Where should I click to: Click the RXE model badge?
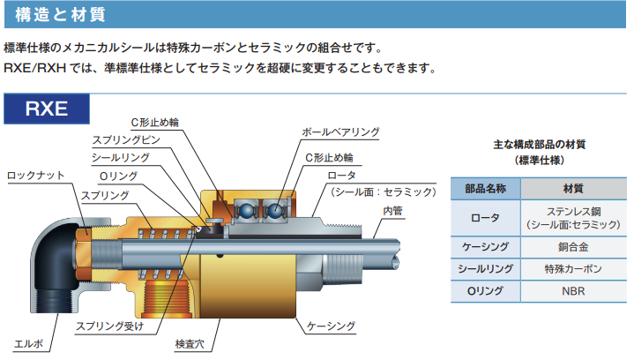click(x=47, y=109)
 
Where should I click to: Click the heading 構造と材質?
click(x=60, y=15)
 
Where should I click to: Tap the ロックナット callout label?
click(x=36, y=176)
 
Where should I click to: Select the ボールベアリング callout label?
click(x=340, y=132)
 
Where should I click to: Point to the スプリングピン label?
click(x=126, y=140)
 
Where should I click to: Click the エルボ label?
click(x=29, y=344)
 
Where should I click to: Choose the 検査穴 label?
click(x=190, y=344)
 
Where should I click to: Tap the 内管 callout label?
click(x=392, y=211)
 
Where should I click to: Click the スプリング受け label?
click(x=110, y=326)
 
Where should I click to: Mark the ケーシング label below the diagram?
click(x=331, y=326)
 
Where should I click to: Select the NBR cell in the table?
click(x=573, y=291)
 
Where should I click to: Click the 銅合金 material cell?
click(x=573, y=247)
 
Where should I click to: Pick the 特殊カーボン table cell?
click(x=573, y=269)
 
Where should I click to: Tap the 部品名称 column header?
click(x=485, y=189)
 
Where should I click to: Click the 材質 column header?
click(x=573, y=189)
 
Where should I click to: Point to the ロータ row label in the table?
click(x=485, y=218)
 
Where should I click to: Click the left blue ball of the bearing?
click(x=245, y=211)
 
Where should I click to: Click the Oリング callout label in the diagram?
click(x=118, y=176)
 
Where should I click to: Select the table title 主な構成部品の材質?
click(x=540, y=145)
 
